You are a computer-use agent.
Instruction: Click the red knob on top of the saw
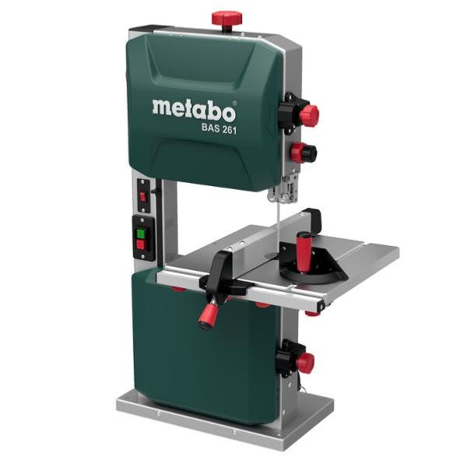[x=226, y=19]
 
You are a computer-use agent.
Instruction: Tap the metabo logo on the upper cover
[x=194, y=111]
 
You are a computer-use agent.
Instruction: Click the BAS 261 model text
[x=219, y=128]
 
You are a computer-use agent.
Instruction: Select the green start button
[x=141, y=233]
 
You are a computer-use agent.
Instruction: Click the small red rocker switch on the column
[x=143, y=197]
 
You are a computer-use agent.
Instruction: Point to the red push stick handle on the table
[x=304, y=252]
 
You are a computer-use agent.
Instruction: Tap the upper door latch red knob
[x=309, y=115]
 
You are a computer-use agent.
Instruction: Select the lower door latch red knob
[x=304, y=363]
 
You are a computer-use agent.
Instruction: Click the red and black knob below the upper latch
[x=304, y=153]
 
